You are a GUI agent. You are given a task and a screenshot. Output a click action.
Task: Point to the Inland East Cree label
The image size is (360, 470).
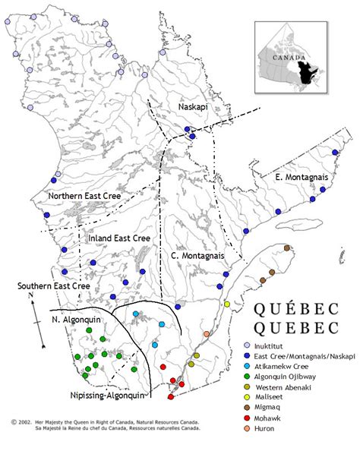point(119,238)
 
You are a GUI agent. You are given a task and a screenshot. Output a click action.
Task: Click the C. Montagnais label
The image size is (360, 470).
point(197,256)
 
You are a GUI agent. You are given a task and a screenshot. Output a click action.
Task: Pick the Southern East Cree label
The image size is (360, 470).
point(54,285)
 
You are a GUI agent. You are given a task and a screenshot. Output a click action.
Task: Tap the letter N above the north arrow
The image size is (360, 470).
point(30,294)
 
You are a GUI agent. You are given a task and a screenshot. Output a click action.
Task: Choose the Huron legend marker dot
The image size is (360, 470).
point(247,429)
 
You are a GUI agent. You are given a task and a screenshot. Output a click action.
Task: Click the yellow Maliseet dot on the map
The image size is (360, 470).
point(227,304)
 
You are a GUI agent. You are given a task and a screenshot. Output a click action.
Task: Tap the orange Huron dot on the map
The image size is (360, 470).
point(207,334)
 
